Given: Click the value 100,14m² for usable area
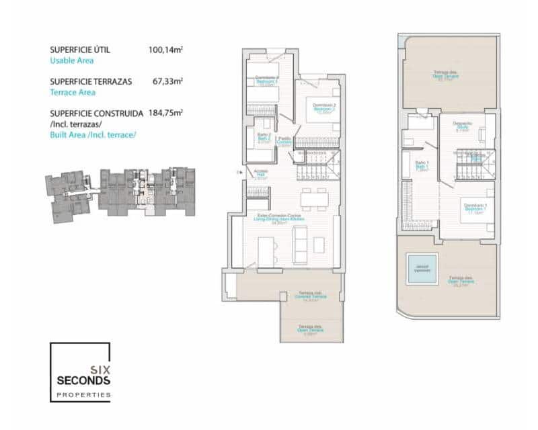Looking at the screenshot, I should (x=165, y=50).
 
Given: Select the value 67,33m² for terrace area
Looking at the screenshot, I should (x=167, y=81).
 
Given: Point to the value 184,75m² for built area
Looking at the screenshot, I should (x=165, y=113).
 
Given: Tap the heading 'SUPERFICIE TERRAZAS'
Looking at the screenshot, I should (x=91, y=81).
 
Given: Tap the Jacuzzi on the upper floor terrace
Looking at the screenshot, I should (x=422, y=269).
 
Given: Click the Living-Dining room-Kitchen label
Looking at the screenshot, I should (x=283, y=219).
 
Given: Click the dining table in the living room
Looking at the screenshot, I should (x=315, y=199).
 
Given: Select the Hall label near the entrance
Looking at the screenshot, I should (x=260, y=173).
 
